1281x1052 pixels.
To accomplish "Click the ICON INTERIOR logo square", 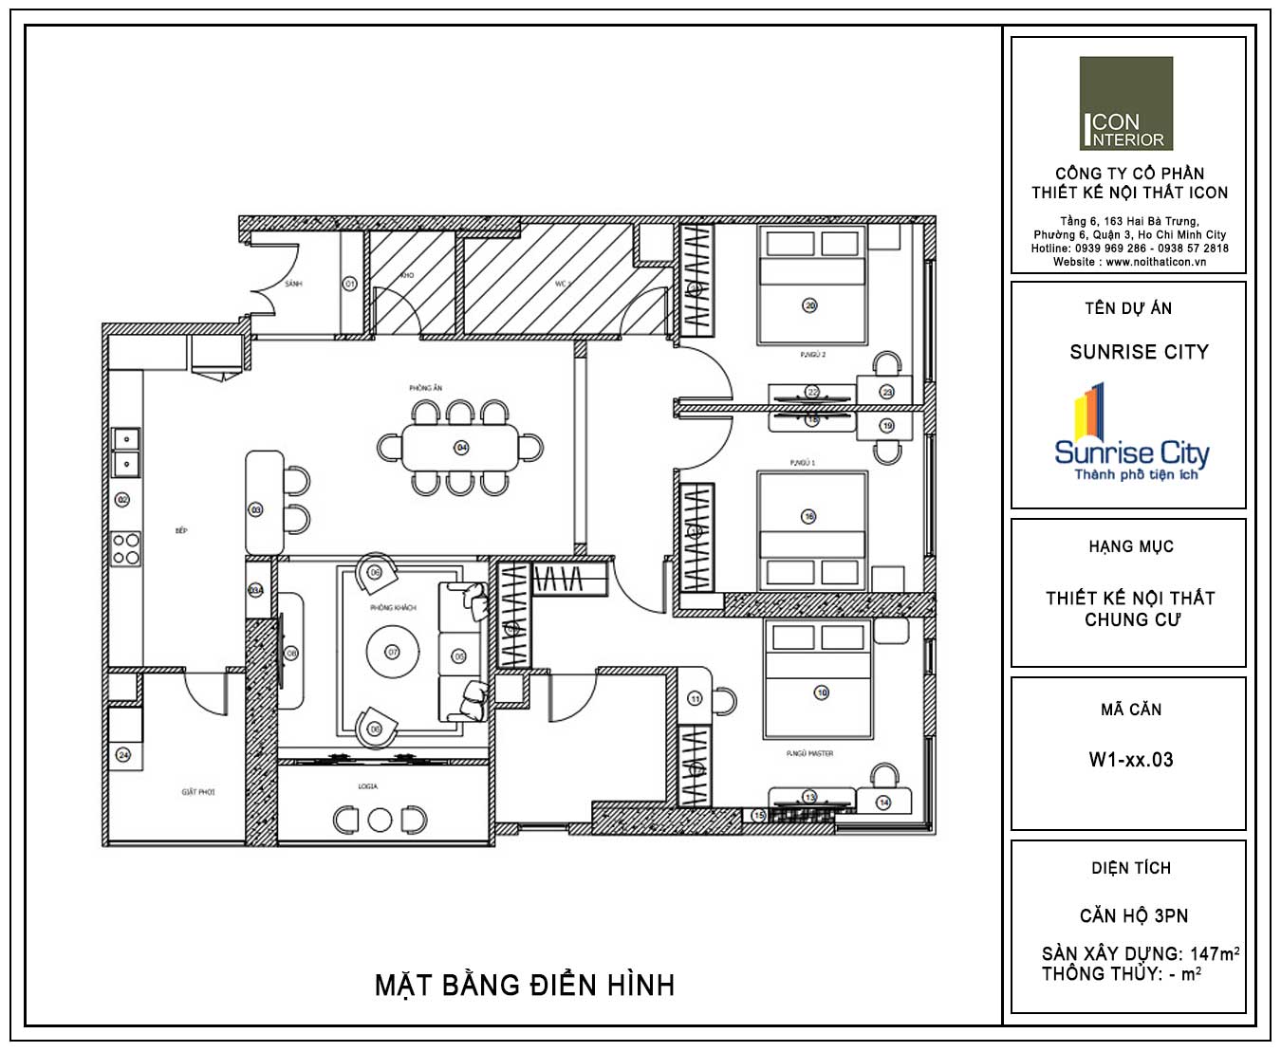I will (1126, 103).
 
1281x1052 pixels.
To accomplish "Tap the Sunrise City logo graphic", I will (1131, 433).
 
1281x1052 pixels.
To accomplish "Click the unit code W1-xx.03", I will (1131, 760).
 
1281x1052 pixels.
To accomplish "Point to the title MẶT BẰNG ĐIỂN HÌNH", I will (525, 986).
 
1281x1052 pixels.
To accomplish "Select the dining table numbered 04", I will (462, 447).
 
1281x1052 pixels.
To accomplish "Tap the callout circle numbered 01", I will (349, 284).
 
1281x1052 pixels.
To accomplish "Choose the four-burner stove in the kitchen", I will (126, 549).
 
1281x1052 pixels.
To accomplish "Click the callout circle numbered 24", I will (122, 755).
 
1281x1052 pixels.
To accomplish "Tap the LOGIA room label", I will (368, 786).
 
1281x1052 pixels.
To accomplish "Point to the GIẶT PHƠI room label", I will (198, 791).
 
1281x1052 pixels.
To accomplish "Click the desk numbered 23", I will (886, 390).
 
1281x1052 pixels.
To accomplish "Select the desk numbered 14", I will (884, 801).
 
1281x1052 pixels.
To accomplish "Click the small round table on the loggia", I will (380, 820).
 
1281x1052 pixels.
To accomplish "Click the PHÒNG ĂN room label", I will (426, 388).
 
